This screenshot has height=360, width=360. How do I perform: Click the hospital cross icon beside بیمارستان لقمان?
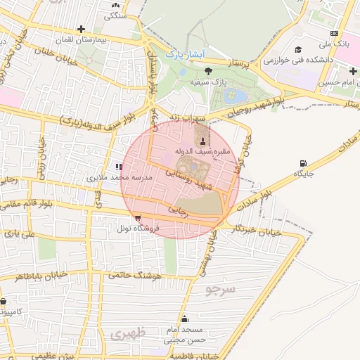point(82,30)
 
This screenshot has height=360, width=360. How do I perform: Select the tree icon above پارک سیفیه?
point(208,71)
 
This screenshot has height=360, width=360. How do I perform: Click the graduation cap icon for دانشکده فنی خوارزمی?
point(298,49)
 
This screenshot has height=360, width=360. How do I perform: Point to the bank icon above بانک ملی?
point(335,33)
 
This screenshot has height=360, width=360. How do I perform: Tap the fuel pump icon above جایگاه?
point(303,163)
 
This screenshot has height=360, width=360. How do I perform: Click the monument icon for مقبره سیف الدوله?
point(203,141)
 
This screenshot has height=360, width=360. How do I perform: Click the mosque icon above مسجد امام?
point(184,319)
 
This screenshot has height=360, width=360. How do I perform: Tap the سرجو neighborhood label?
point(221,289)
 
